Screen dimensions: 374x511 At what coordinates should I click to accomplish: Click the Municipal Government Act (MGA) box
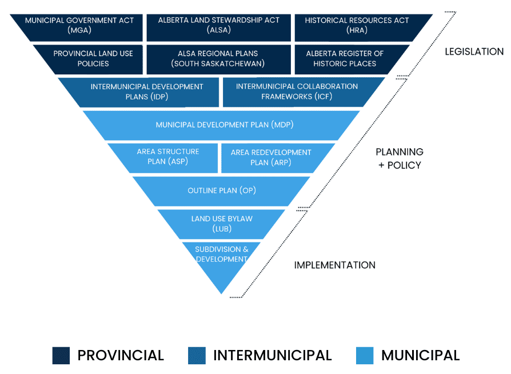[79, 25]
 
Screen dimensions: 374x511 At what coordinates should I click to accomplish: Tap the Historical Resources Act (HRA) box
[357, 25]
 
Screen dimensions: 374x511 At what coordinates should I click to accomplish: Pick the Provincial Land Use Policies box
[93, 58]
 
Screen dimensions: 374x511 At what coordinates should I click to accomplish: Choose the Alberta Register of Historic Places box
[345, 58]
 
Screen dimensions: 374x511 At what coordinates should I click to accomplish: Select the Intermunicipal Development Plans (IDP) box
[147, 91]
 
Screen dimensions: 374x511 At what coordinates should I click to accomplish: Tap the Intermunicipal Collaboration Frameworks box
[297, 91]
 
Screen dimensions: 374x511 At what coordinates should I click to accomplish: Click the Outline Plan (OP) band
[221, 190]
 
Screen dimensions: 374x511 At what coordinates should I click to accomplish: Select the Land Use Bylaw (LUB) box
[221, 224]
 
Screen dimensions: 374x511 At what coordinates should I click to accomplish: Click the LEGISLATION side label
[474, 51]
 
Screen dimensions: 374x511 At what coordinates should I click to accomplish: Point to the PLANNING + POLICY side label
[399, 158]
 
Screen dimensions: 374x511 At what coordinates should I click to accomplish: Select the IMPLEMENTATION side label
[334, 265]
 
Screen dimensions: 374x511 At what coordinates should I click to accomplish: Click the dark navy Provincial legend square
[61, 355]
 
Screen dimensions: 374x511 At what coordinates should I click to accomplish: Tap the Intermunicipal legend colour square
[197, 355]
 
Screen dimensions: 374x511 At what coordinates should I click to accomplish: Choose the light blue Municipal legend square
[364, 355]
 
